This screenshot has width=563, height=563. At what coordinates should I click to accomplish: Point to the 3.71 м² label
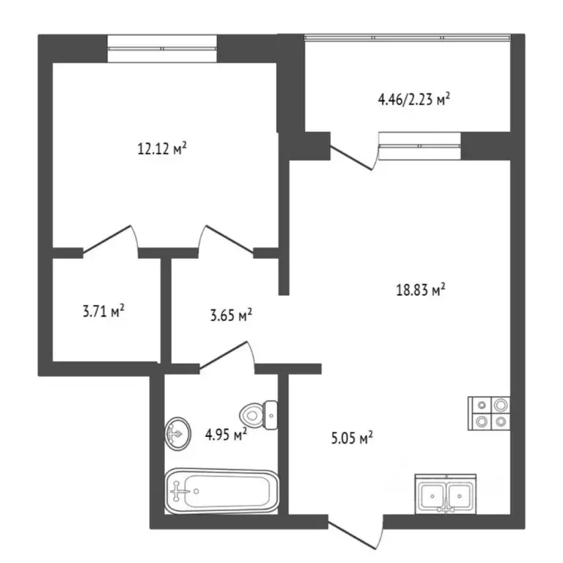103,312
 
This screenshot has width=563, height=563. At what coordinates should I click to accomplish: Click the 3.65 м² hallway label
231,316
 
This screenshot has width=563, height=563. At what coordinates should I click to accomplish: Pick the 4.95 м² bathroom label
226,435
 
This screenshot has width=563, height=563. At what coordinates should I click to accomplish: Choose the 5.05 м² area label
353,438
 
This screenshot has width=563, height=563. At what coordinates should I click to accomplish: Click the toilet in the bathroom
257,415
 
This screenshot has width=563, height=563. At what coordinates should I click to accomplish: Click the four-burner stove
490,412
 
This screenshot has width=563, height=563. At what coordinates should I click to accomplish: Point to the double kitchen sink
446,493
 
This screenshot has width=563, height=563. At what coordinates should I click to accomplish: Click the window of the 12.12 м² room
162,48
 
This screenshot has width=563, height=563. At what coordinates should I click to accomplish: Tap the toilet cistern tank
271,414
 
